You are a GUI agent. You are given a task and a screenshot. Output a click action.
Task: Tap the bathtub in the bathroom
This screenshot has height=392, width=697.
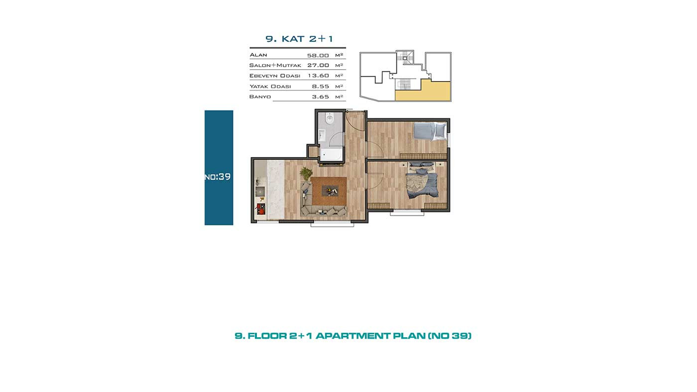331,155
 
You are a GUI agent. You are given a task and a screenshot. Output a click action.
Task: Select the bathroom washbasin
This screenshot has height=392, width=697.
322,135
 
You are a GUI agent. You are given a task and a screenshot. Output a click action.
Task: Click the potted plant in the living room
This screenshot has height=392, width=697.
306,173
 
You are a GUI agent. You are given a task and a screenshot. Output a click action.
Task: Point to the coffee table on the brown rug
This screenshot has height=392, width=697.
331,191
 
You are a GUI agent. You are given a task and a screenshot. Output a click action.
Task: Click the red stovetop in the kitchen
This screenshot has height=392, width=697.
261,209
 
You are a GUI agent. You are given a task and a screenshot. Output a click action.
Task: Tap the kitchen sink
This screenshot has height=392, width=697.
260,191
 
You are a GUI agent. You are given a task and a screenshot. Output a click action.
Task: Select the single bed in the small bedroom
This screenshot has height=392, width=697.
430,131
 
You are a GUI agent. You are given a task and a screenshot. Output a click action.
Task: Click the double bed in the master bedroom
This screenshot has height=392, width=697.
422,181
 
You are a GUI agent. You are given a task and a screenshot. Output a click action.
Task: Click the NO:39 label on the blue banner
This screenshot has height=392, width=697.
218,177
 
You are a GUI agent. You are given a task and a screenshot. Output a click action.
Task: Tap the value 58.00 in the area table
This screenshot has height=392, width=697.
318,56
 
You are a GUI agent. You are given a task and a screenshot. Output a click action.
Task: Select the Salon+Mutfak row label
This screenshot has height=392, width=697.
275,65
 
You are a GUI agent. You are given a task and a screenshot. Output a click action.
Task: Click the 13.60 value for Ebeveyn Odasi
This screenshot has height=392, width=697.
318,76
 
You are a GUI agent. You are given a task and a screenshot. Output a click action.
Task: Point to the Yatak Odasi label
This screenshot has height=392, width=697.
270,87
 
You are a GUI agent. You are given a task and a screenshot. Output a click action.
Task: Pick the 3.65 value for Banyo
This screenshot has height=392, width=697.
321,97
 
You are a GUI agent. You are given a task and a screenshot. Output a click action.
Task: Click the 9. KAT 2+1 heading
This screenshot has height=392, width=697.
299,39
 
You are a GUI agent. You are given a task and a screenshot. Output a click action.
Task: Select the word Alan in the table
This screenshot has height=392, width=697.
258,55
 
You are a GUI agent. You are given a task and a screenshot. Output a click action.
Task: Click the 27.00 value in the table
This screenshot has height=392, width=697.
318,65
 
